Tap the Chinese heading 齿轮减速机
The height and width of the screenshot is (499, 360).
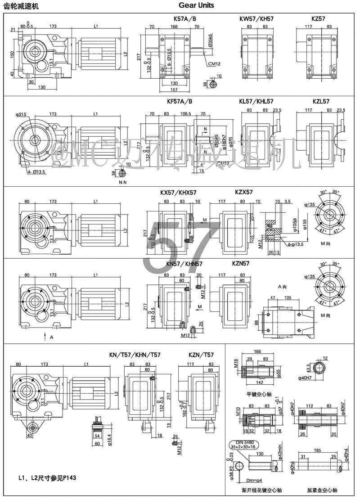click(x=21, y=6)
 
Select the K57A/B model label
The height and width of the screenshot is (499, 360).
click(x=184, y=19)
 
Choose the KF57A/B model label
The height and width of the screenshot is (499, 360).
click(x=182, y=101)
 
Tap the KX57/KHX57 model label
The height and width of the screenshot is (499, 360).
click(x=178, y=193)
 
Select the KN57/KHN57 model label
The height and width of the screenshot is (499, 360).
click(x=184, y=264)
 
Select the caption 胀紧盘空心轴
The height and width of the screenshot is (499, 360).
click(x=322, y=490)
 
